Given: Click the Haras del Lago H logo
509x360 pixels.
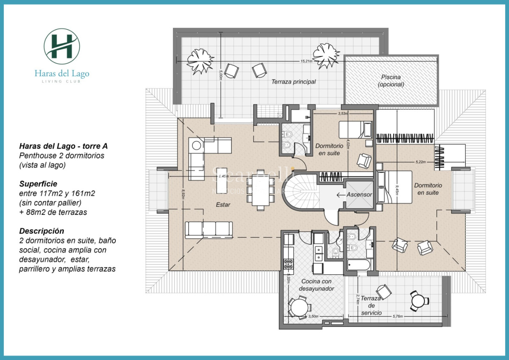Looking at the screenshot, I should pos(62,46).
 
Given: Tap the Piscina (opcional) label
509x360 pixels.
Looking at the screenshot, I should pos(391,81).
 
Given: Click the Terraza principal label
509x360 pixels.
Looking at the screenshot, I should pos(294,82).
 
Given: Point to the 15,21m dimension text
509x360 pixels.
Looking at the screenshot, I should pos(306,61).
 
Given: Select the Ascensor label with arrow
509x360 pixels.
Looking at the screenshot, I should pos(355,195).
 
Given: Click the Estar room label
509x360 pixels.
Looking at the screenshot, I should pos(223,205).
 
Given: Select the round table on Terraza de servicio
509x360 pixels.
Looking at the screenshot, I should pos(419,301).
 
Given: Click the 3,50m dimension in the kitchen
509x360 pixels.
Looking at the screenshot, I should pos(313,316).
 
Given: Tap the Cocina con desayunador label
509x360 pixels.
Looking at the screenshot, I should pos(316,285).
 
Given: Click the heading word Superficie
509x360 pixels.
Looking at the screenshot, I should pos(38,184).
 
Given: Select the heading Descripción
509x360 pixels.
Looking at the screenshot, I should pos(42,231).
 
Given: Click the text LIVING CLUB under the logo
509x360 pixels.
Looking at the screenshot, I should pos(62,81).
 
